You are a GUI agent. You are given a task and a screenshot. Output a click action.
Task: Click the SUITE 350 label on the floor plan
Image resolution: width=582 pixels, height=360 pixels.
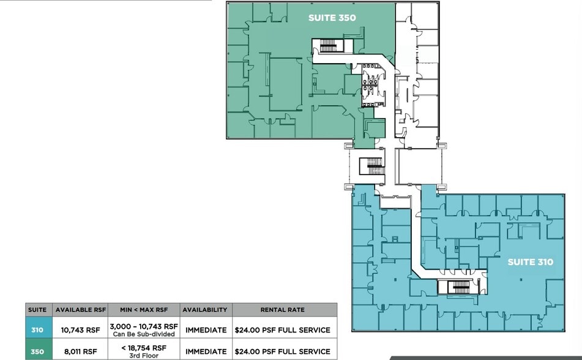(331, 18)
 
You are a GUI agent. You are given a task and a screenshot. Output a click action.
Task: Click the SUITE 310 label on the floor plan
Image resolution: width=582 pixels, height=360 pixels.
(530, 262)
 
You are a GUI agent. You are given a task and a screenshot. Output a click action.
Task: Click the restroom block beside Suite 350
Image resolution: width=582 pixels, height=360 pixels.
(372, 86)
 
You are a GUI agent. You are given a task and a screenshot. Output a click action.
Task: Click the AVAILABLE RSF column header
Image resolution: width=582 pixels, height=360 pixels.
(78, 310)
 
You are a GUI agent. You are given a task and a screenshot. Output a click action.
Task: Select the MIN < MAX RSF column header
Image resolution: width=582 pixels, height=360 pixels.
(144, 310)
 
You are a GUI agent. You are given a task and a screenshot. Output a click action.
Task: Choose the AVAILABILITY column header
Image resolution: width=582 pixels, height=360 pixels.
(204, 310)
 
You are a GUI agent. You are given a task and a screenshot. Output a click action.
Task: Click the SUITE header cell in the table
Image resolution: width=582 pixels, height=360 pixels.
(37, 310)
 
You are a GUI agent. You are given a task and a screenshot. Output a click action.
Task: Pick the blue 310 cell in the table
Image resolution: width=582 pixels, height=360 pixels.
(37, 330)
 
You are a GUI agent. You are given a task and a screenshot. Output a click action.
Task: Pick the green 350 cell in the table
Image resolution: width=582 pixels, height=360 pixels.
(37, 351)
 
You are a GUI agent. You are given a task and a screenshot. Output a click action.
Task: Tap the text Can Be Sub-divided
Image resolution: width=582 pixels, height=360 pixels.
(144, 334)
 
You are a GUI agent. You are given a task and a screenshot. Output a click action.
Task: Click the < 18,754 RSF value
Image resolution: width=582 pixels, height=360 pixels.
(144, 348)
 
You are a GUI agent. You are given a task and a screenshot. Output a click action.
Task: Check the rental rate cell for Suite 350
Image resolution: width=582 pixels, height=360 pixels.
(282, 351)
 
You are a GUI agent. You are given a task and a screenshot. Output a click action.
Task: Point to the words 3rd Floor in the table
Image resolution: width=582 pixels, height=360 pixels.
(144, 355)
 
